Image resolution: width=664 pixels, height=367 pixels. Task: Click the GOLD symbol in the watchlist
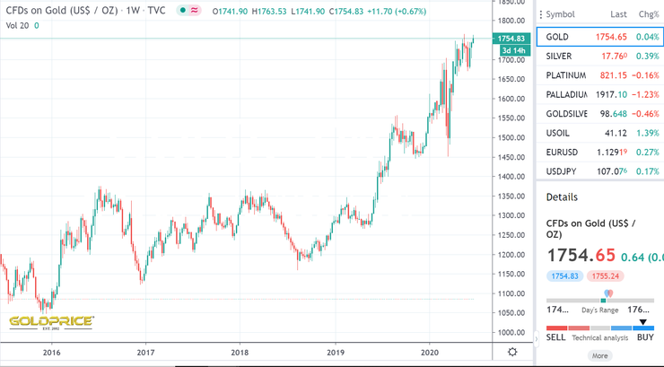(x=557, y=36)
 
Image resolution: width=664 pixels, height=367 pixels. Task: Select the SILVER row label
(x=559, y=56)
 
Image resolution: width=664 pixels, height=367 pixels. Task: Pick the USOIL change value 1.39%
(x=647, y=133)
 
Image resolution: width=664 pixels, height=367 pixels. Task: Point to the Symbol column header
(x=560, y=14)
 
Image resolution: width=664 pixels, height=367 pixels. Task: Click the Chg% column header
(x=648, y=14)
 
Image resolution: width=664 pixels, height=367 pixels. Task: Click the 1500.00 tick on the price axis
(x=513, y=137)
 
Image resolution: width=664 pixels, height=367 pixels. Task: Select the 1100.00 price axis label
(x=513, y=293)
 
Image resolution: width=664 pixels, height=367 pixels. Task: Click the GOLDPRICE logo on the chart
(x=51, y=321)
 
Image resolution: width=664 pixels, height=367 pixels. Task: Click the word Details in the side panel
(x=562, y=197)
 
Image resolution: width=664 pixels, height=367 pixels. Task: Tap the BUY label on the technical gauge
(x=643, y=337)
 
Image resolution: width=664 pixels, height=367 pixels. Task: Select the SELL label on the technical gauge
(x=556, y=337)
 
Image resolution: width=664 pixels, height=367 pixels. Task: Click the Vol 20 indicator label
(x=17, y=25)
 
